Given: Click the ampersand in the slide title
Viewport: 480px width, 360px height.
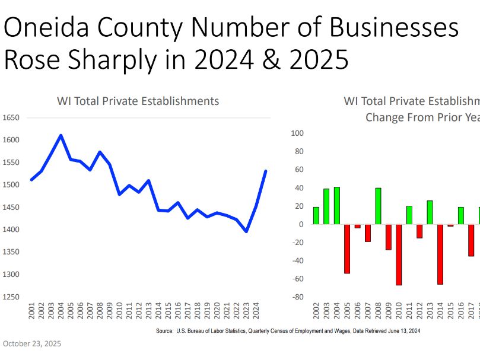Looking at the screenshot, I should pos(285,60).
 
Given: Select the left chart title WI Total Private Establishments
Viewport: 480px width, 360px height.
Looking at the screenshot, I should pos(138,101).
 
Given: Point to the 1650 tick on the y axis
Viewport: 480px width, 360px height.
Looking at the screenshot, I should pos(11,118).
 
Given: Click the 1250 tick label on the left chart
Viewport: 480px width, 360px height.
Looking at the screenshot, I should pos(11,297).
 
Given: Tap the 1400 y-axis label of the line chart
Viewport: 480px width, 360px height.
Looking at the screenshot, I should pos(11,230).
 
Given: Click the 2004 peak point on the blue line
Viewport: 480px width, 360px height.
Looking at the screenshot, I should pos(61,135).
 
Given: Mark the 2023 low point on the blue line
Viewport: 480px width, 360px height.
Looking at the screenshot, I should pos(246,231).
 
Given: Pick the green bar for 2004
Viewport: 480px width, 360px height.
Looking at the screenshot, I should pos(336,206).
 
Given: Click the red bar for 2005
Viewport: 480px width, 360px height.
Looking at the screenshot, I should pos(347,249).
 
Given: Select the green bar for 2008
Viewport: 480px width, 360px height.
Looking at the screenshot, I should pos(378,206).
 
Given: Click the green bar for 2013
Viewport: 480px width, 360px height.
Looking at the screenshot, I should pos(430,212).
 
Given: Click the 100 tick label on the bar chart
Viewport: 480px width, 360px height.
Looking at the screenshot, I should pos(297,133).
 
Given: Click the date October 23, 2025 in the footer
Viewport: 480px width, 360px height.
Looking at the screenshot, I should pos(32,343).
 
